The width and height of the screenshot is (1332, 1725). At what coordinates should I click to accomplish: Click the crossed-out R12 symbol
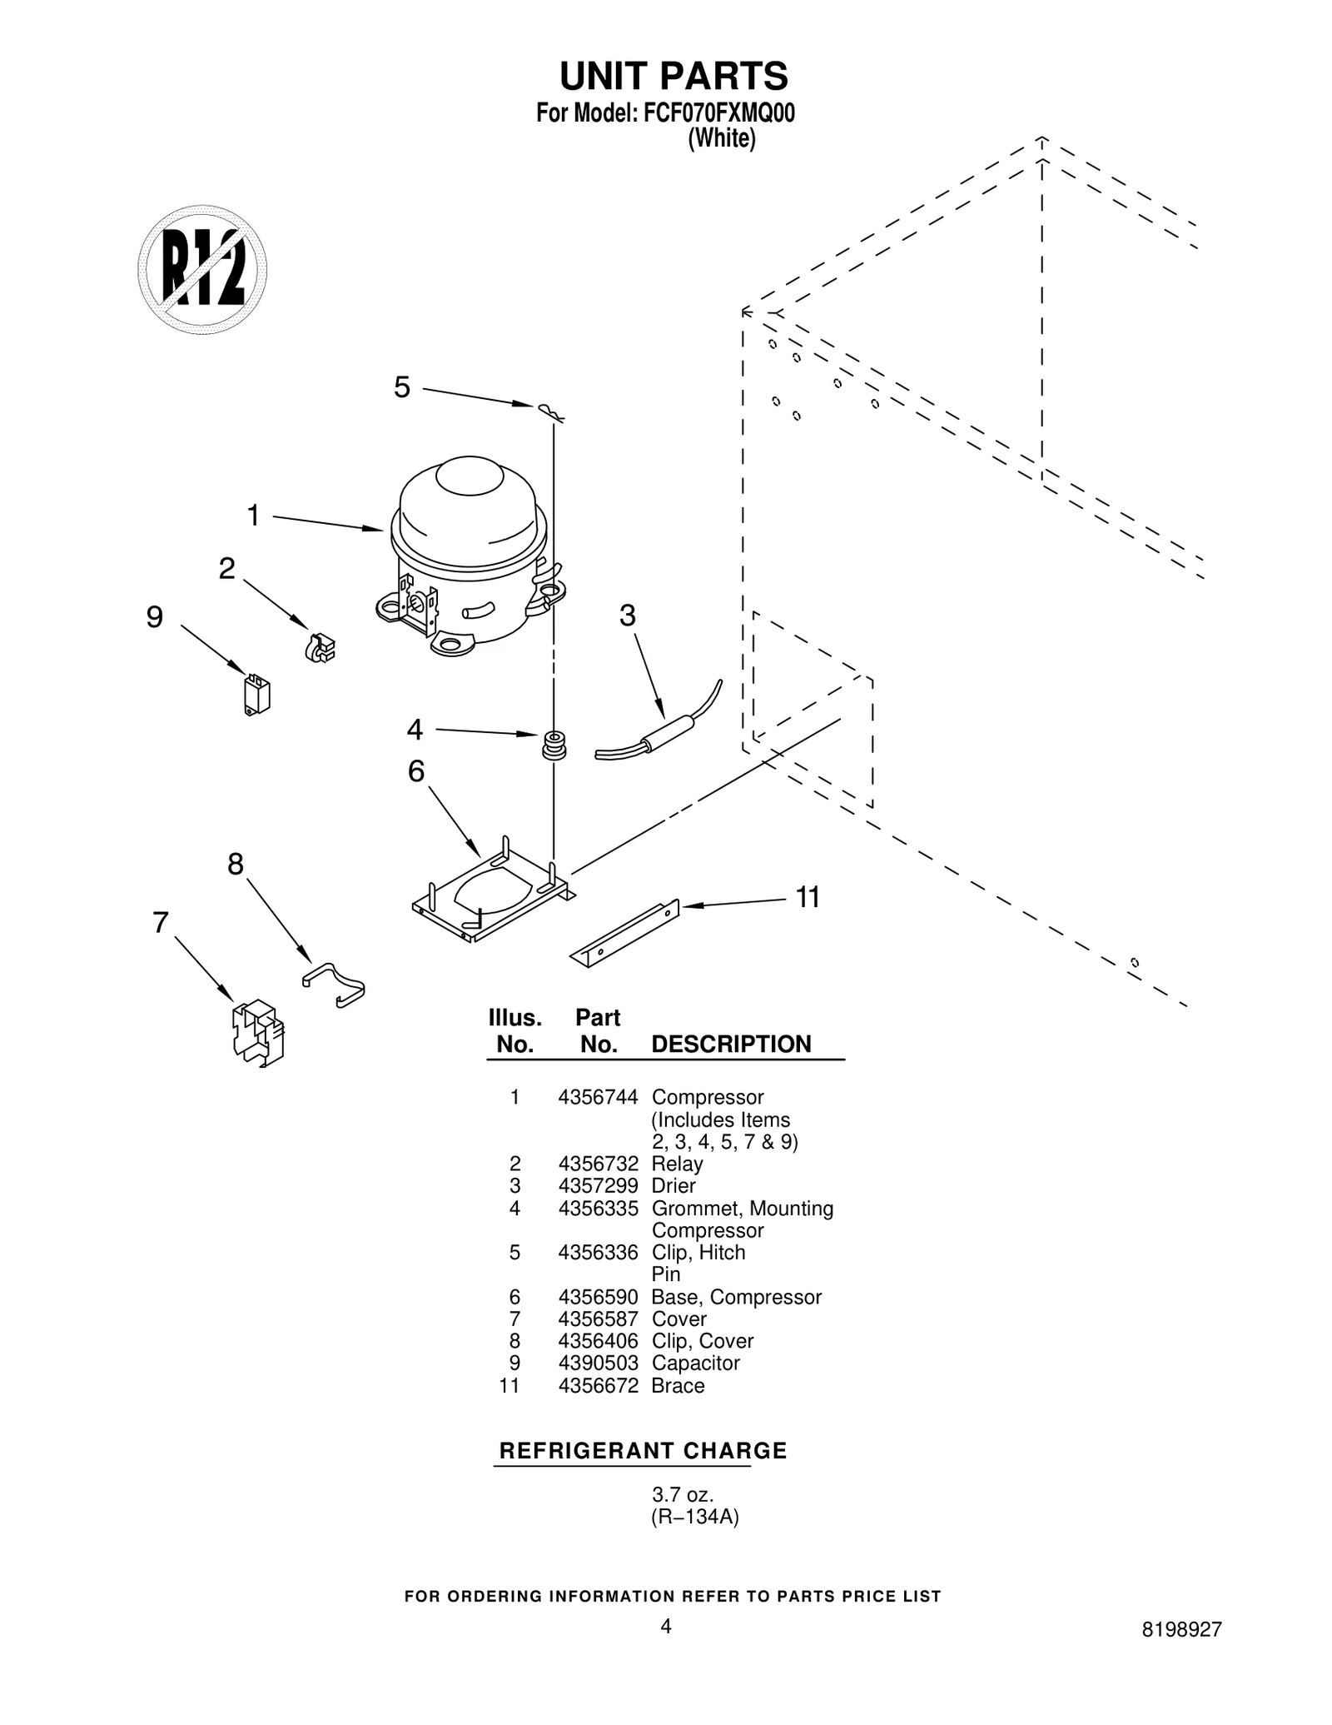[202, 270]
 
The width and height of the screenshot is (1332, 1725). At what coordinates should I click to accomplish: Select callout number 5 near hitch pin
[402, 387]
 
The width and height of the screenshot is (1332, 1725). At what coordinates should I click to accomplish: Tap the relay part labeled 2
[321, 647]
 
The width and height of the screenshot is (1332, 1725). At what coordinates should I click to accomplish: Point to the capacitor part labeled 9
[257, 695]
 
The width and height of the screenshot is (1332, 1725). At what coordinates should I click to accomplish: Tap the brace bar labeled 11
[625, 934]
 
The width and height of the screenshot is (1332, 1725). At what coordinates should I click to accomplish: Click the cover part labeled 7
[257, 1033]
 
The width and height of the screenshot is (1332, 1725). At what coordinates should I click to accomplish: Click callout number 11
[808, 898]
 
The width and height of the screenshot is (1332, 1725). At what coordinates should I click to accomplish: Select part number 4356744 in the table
[598, 1097]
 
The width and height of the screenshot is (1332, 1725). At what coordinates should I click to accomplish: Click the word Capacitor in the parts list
[695, 1363]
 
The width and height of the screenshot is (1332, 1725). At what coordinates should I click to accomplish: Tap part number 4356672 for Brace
[598, 1385]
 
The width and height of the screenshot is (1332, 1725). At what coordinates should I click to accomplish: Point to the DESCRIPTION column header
[731, 1044]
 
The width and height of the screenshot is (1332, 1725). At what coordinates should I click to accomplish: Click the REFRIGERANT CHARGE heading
[642, 1450]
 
